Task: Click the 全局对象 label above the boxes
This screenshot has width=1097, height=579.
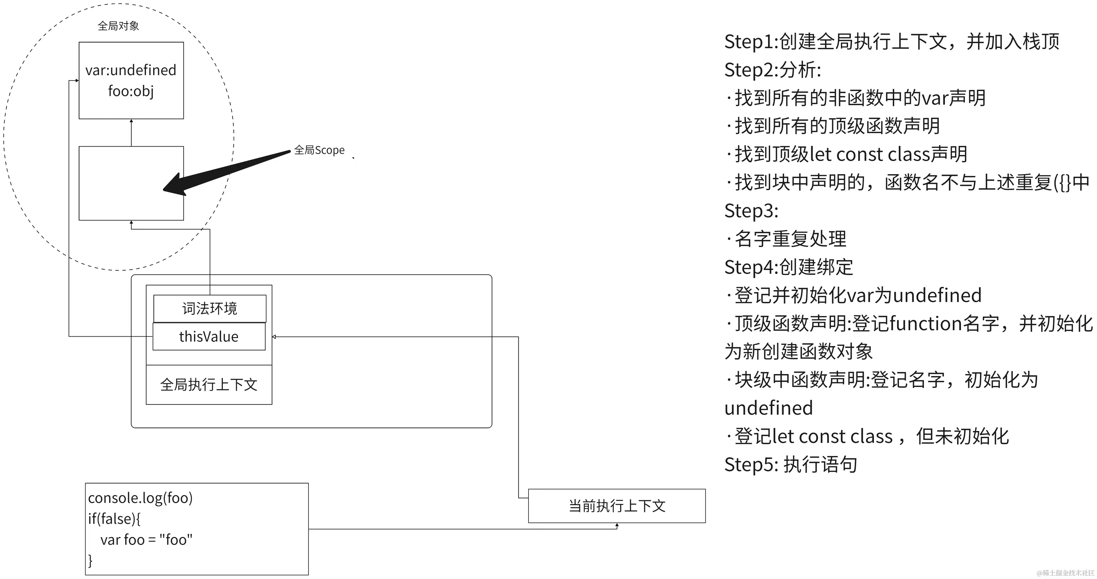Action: coord(118,26)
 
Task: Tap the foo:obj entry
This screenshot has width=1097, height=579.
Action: coord(131,91)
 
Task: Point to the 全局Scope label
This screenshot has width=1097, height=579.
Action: coord(319,150)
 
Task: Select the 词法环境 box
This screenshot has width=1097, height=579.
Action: coord(210,309)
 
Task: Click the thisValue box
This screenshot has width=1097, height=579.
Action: coord(209,337)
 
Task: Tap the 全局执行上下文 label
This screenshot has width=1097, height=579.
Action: coord(209,385)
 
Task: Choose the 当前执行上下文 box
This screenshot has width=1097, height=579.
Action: coord(617,506)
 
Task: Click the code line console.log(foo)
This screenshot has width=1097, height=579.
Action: coord(140,498)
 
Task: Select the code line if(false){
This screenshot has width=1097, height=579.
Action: coord(114,518)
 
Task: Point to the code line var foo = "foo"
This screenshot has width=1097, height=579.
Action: coord(146,540)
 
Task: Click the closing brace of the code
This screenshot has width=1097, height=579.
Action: coord(90,560)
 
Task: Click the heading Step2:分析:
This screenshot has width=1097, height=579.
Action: coord(772,70)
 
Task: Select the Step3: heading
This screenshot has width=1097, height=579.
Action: coord(751,211)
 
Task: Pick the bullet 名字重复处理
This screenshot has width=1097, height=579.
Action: coord(790,239)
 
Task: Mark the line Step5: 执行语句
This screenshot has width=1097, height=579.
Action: coord(791,464)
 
